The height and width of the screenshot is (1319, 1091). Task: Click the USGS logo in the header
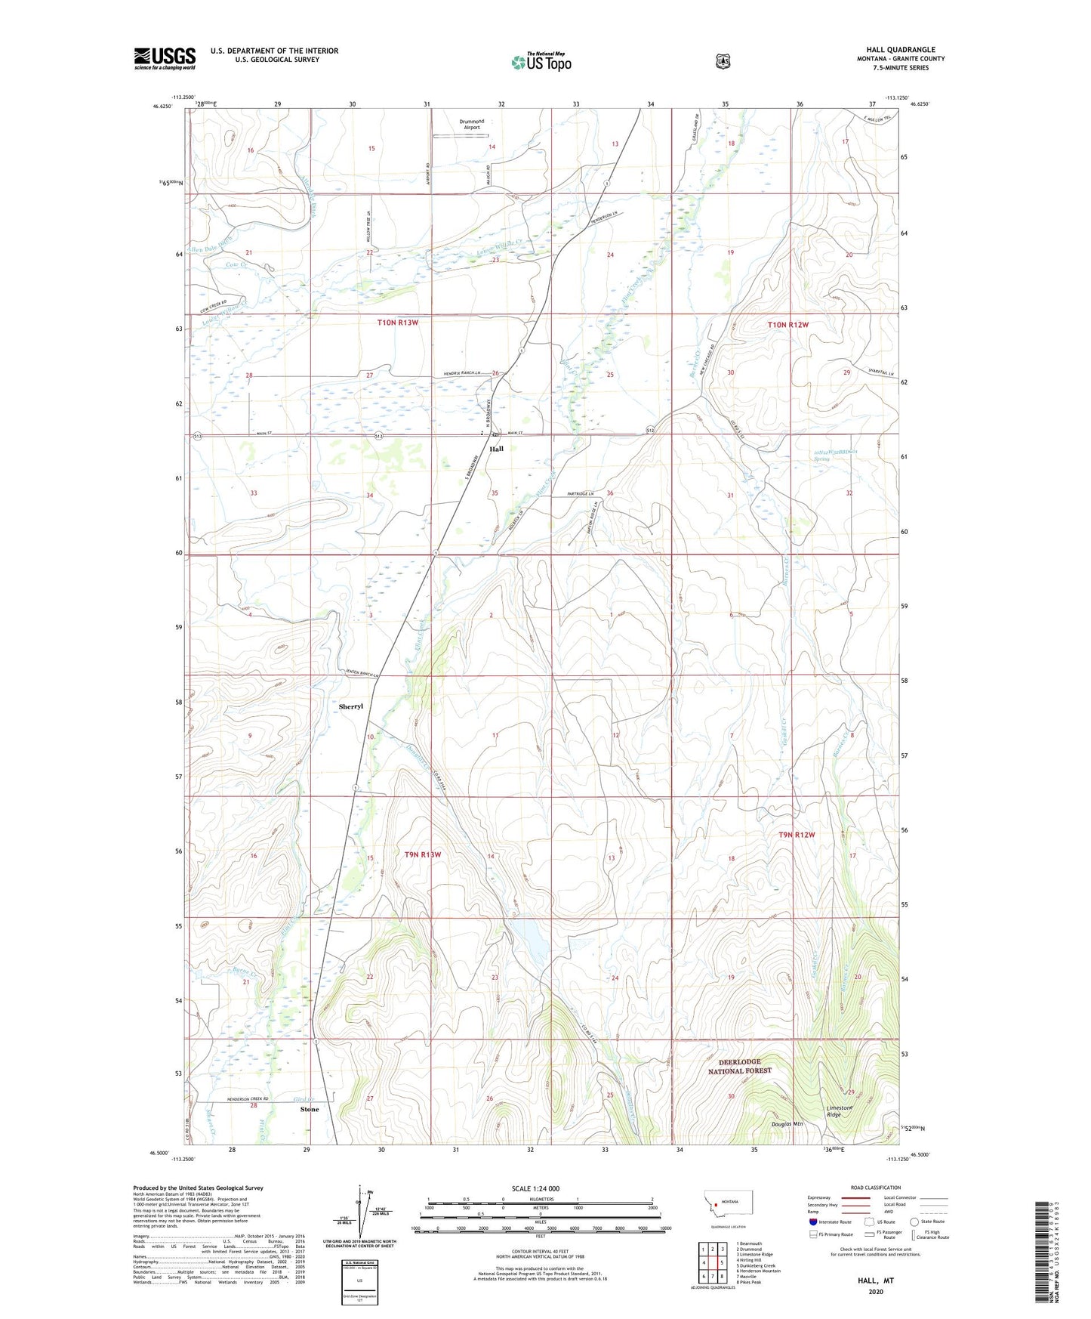pos(165,58)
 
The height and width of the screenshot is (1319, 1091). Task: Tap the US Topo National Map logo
pos(541,62)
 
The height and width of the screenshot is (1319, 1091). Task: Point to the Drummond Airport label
pos(472,124)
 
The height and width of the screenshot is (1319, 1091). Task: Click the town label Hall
pos(496,449)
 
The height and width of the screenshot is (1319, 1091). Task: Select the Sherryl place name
pos(351,706)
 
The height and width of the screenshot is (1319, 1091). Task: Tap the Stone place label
pos(310,1109)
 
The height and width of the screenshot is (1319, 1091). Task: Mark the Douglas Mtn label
pos(787,1124)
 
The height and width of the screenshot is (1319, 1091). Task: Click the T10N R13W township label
pos(398,323)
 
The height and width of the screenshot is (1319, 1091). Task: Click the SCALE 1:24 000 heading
pos(535,1188)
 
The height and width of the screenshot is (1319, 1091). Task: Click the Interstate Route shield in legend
pos(813,1222)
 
